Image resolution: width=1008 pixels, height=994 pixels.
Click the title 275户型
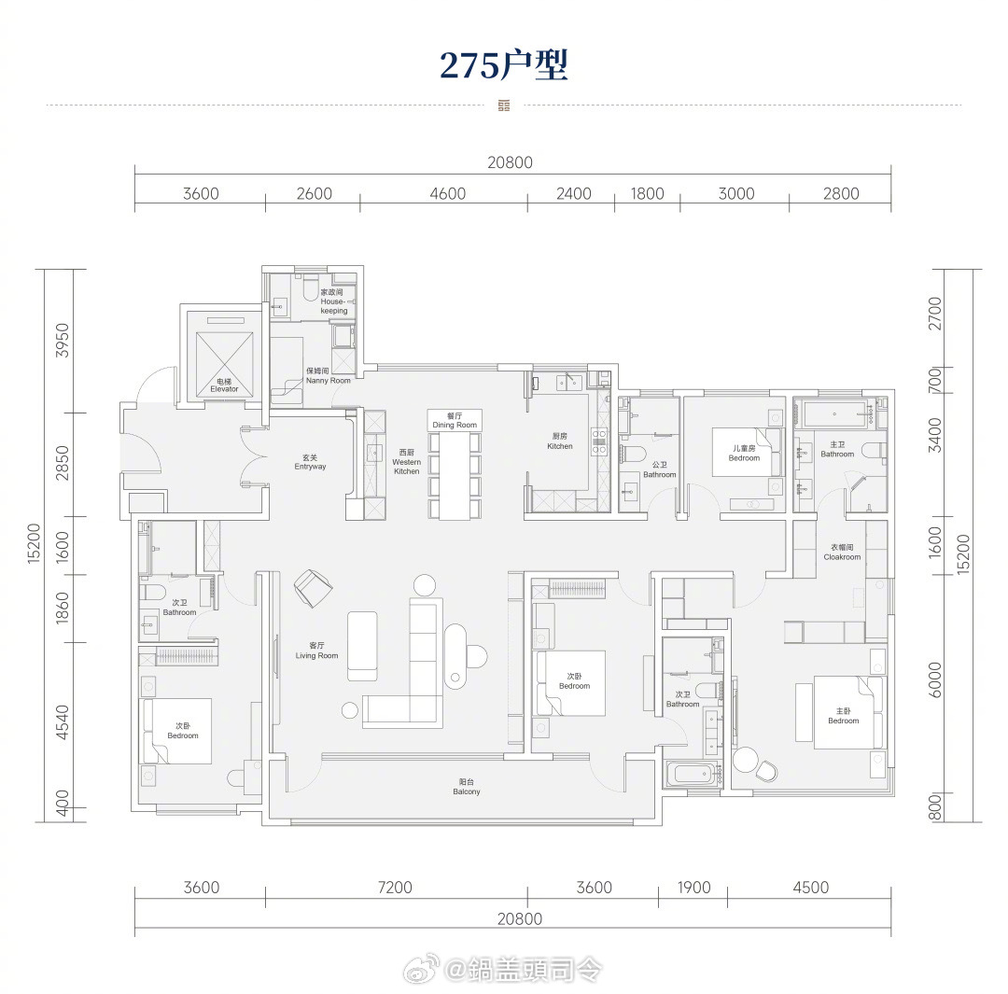(503, 64)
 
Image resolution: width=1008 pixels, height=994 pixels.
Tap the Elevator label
(224, 385)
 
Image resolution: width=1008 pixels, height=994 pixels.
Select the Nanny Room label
(328, 376)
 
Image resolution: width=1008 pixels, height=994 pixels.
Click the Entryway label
(310, 462)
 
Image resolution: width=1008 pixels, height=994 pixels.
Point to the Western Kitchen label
(406, 462)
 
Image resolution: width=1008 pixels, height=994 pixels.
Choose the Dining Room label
(455, 421)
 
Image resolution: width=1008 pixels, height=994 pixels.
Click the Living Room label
(316, 651)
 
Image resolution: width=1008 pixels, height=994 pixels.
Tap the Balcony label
(466, 787)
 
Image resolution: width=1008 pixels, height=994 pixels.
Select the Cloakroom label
(842, 553)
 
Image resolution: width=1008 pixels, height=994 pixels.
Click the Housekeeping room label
(333, 301)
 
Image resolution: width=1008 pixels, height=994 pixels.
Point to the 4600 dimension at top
(447, 193)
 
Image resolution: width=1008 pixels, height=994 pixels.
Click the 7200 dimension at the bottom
(395, 888)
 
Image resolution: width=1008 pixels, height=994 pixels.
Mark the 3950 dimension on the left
(62, 341)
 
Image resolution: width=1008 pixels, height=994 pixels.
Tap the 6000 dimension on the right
(935, 679)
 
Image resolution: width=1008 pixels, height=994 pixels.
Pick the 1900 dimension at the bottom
(693, 888)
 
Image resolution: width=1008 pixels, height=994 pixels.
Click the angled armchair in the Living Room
(314, 587)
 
